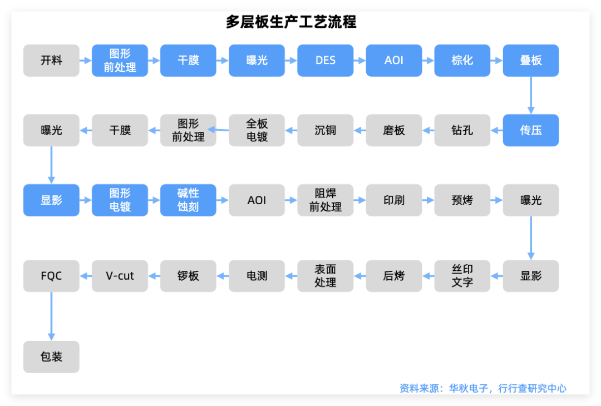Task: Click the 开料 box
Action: pos(51,61)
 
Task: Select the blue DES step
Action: pos(325,61)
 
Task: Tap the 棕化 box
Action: pos(462,61)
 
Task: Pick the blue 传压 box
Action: pos(530,130)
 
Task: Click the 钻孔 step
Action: pos(462,130)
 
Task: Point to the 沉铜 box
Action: pos(325,130)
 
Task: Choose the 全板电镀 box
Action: pos(257,130)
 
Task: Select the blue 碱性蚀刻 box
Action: pos(188,200)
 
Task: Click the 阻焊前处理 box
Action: pos(325,200)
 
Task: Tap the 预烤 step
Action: pos(462,200)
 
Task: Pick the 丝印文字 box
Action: pos(462,275)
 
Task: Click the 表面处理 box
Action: pos(325,275)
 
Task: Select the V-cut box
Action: pos(120,275)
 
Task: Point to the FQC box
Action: pos(51,275)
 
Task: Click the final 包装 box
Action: pos(51,357)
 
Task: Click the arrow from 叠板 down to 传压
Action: pos(530,95)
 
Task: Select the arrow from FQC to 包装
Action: pos(51,316)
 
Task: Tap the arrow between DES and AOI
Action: pos(359,61)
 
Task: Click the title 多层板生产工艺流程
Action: pos(291,22)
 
